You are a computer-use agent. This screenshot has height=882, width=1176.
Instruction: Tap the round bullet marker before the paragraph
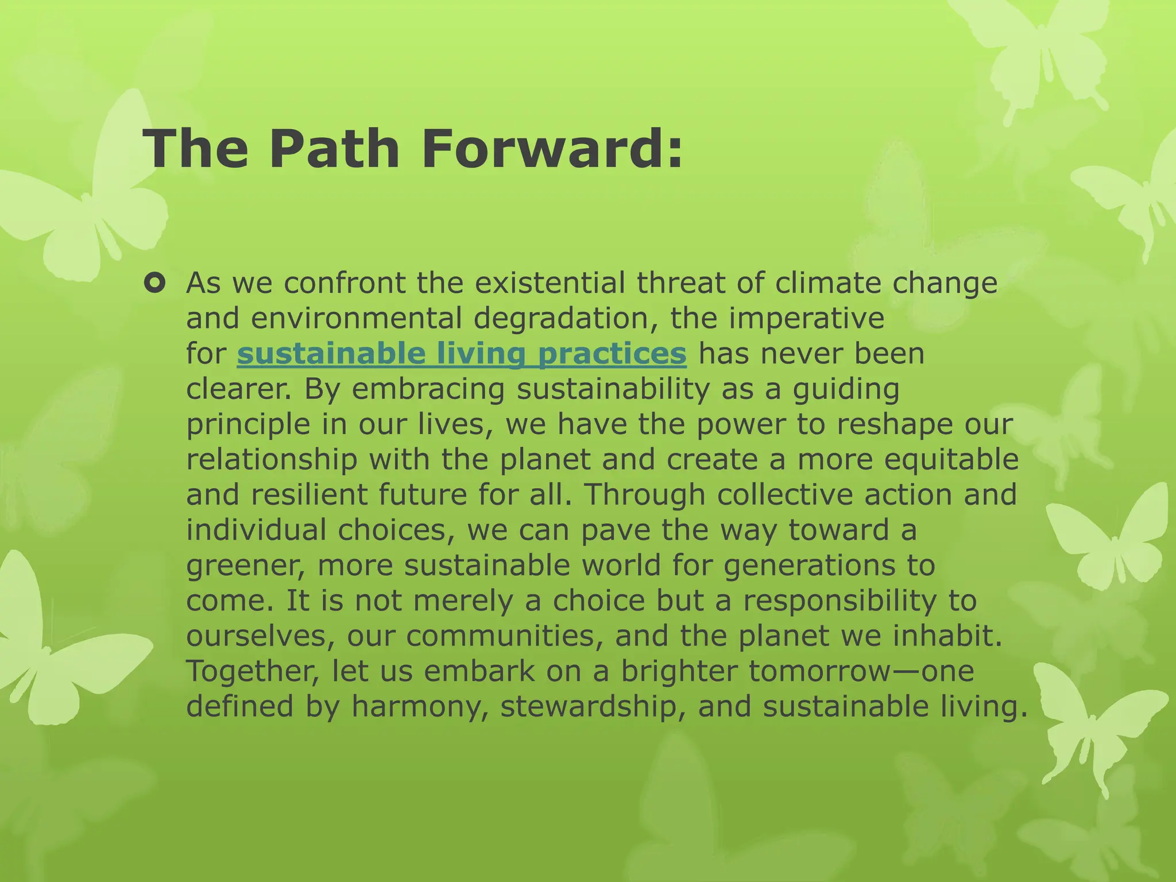(155, 283)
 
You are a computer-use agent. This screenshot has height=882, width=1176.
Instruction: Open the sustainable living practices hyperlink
(461, 354)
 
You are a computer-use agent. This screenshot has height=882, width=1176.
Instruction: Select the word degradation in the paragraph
(565, 319)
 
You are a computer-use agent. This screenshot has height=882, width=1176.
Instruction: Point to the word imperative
(806, 319)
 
